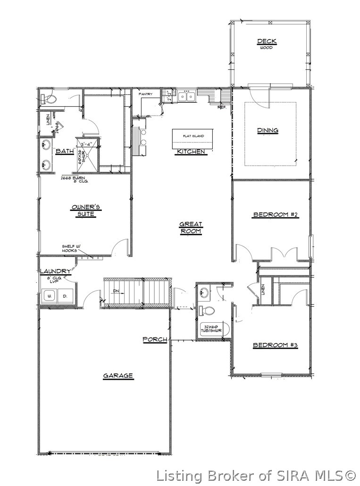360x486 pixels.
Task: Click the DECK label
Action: click(x=267, y=42)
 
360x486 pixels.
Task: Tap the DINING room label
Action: click(x=267, y=130)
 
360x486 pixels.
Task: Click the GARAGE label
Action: click(x=118, y=376)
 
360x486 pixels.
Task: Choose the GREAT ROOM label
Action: click(x=191, y=228)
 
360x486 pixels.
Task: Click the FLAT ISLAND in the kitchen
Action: click(x=194, y=136)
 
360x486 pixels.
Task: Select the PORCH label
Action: click(x=155, y=339)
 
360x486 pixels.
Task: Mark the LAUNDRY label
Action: click(x=55, y=271)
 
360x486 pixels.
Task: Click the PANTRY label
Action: click(x=145, y=94)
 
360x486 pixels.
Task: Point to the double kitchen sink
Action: click(x=186, y=97)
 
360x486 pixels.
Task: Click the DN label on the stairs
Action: click(x=116, y=292)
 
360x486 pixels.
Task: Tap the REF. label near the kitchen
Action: click(x=222, y=107)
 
